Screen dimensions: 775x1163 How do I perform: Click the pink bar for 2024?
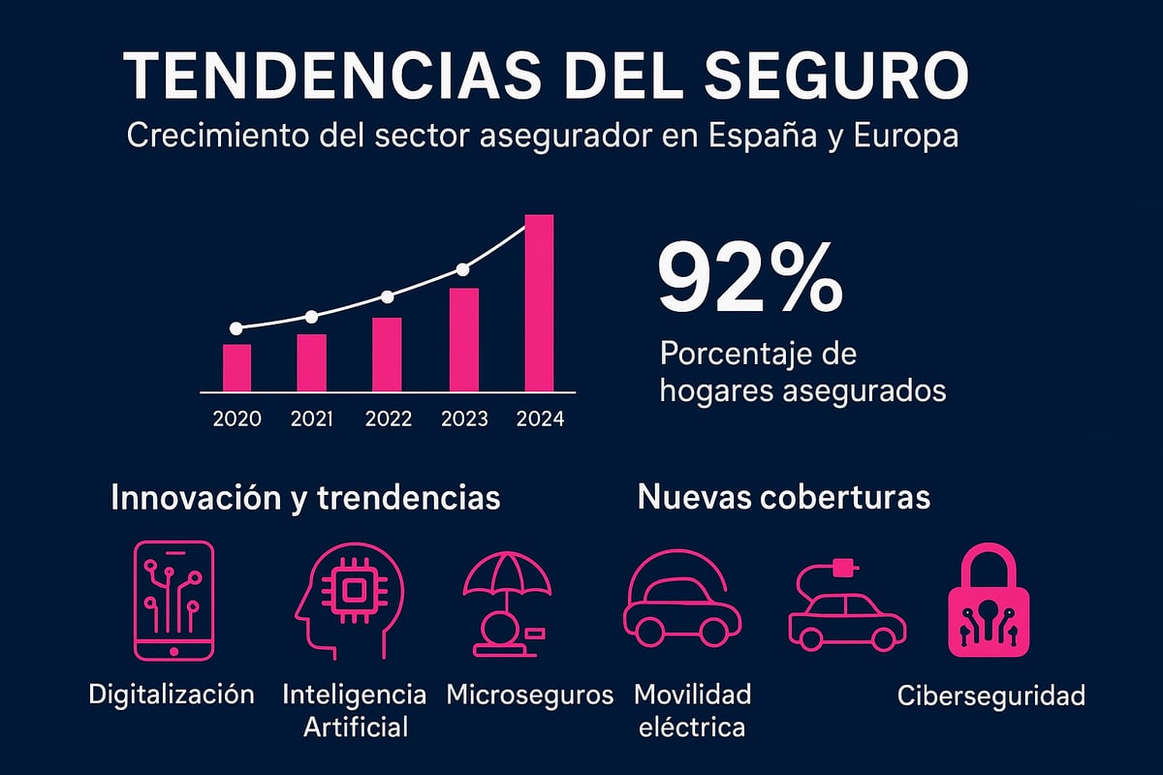[x=539, y=302]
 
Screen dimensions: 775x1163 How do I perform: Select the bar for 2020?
[x=236, y=367]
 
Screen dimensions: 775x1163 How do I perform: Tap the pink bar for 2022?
[x=387, y=354]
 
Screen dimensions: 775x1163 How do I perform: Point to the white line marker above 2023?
[x=462, y=269]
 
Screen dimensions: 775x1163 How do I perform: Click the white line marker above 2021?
[x=311, y=317]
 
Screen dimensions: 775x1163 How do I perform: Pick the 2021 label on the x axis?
[x=312, y=419]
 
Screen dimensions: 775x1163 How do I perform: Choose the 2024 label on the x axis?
[x=540, y=419]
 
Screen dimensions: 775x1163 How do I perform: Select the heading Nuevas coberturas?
[x=783, y=497]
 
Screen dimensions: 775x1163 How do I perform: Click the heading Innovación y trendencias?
[x=306, y=497]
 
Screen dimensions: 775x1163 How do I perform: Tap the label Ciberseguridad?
[x=990, y=696]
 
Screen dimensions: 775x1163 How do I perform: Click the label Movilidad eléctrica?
[x=692, y=710]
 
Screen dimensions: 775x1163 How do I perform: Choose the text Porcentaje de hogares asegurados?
[x=802, y=372]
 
